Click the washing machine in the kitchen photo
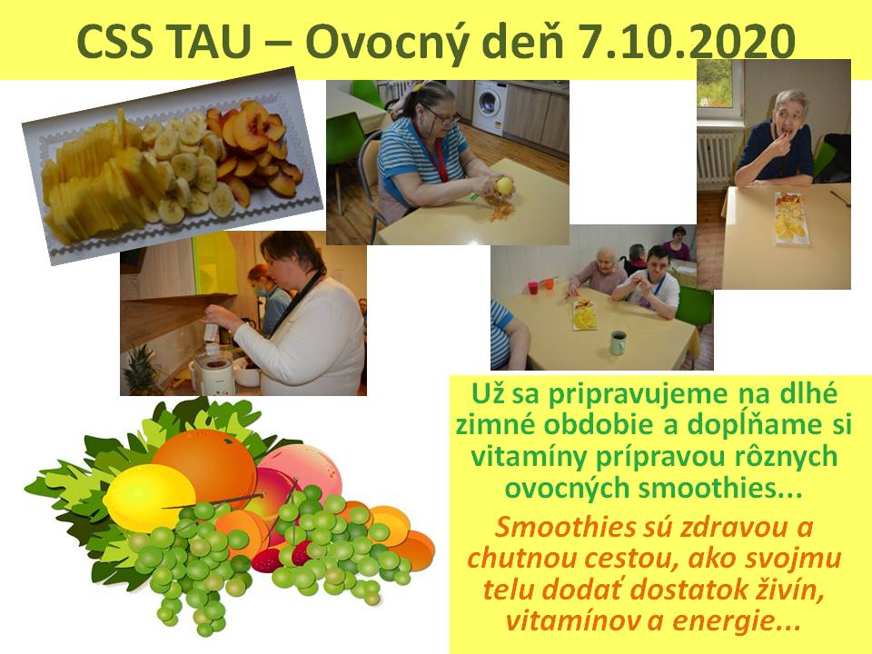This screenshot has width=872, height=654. [490, 108]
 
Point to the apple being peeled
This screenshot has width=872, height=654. [504, 185]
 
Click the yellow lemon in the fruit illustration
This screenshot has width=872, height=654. [148, 497]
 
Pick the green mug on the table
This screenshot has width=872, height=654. [618, 342]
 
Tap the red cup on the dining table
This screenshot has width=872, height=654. [533, 288]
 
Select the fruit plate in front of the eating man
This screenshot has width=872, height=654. [791, 218]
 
